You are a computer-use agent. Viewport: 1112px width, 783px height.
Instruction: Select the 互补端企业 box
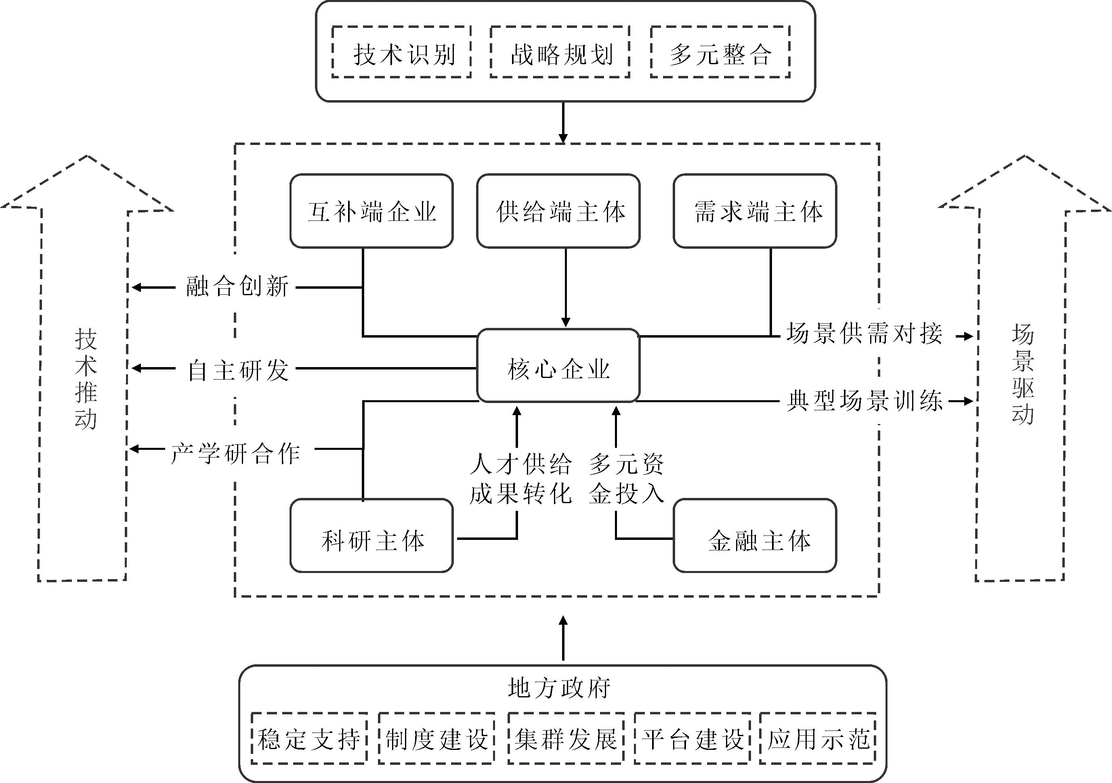pos(371,212)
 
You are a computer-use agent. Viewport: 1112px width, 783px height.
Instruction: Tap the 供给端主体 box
pos(558,212)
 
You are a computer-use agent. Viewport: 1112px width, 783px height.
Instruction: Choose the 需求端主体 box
pos(755,212)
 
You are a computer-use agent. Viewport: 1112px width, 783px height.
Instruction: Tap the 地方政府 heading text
pos(559,688)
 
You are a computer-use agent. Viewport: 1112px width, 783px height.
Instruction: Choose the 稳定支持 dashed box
pos(309,739)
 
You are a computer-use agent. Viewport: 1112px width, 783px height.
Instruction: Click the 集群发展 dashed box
pos(565,739)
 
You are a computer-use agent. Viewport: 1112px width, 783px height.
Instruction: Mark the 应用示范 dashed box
pos(818,739)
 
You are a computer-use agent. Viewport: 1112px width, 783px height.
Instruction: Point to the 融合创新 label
pos(237,287)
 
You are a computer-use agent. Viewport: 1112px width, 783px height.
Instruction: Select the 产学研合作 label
pos(236,454)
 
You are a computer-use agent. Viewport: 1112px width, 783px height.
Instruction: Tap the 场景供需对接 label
pos(864,334)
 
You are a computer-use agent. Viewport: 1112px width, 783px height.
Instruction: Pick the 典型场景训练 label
pos(864,401)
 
